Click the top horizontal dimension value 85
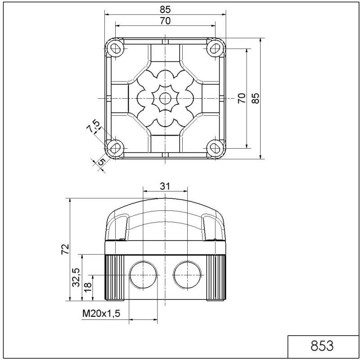[x=165, y=9]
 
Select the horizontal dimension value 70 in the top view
[x=165, y=20]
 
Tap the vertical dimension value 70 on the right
[x=242, y=98]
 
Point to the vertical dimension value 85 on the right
[x=256, y=98]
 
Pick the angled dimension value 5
[x=101, y=161]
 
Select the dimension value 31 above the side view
[x=165, y=186]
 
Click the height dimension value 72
[x=65, y=249]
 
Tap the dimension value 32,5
[x=76, y=277]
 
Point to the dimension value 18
[x=88, y=285]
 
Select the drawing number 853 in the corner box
[x=322, y=346]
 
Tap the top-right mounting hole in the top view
[x=215, y=47]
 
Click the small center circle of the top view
[x=165, y=98]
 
